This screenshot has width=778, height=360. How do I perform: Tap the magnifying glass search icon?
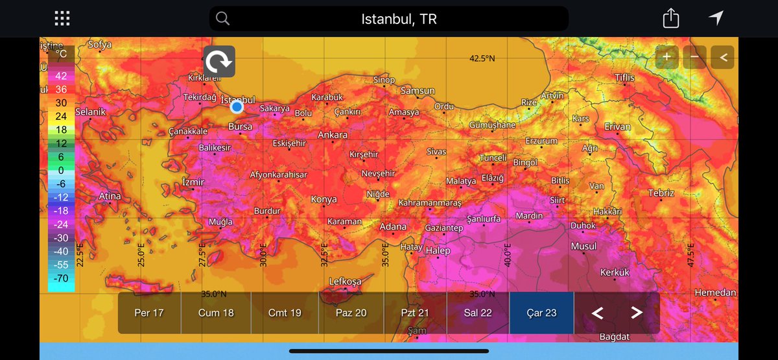tap(222, 19)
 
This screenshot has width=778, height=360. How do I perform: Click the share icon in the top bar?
tap(671, 19)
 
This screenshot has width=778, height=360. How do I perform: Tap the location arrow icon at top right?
tap(716, 18)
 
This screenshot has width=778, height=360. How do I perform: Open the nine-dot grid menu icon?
tap(62, 19)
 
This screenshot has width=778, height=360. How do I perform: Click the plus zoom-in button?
tap(666, 57)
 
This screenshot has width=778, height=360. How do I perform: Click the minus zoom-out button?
tap(694, 57)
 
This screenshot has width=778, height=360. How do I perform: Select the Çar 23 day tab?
tap(542, 313)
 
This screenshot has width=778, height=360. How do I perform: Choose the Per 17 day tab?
tap(149, 313)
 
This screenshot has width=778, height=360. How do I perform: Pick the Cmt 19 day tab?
tap(285, 313)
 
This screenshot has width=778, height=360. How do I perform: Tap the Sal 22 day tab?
tap(477, 313)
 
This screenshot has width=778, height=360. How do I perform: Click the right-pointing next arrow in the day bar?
tap(636, 313)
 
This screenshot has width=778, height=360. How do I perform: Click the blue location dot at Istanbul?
tap(237, 106)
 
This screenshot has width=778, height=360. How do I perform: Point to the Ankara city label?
tap(333, 135)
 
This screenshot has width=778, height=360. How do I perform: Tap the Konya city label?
tap(324, 199)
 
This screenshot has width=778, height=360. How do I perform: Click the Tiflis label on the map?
tap(625, 78)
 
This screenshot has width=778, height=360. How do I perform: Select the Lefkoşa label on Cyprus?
tap(344, 282)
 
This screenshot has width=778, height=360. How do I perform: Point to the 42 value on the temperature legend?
tap(61, 75)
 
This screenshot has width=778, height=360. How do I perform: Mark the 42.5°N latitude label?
tap(482, 58)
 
